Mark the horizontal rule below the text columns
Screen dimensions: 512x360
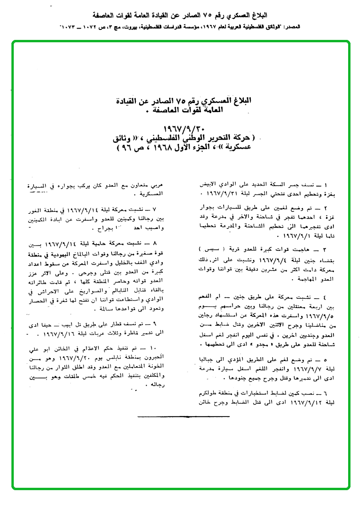click(183, 417)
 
